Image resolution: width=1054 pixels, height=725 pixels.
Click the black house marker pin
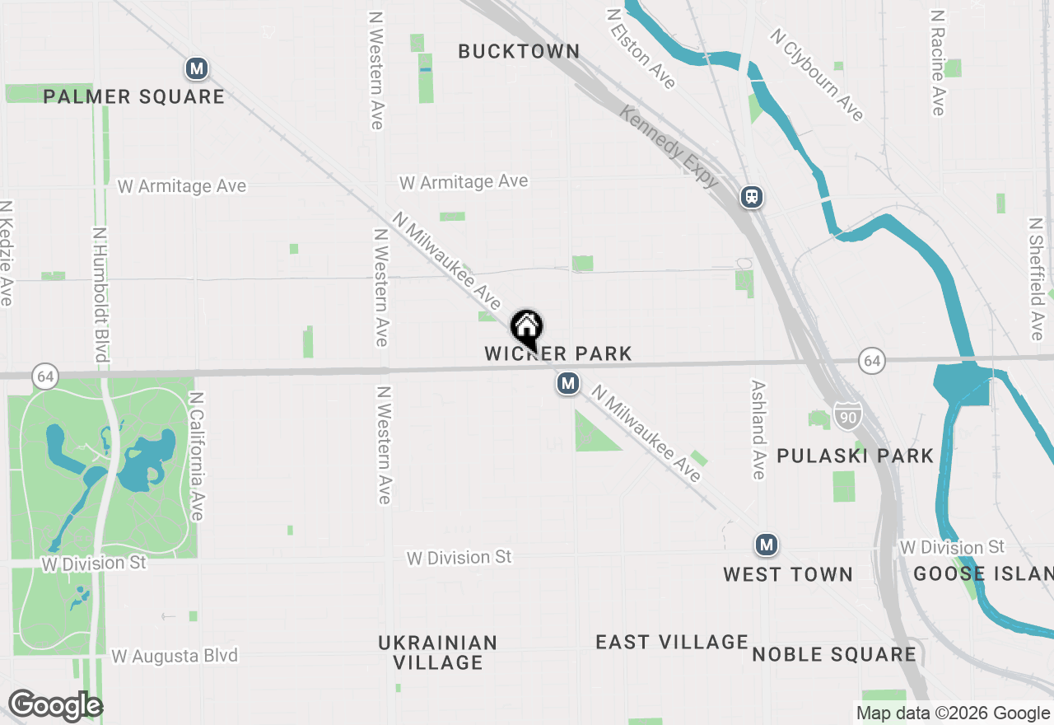[526, 329]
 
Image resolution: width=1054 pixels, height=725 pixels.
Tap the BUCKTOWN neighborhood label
[519, 51]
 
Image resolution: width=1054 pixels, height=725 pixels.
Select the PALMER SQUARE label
[133, 96]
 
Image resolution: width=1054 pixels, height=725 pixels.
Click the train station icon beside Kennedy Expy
[751, 197]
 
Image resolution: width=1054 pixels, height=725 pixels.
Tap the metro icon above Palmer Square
[196, 68]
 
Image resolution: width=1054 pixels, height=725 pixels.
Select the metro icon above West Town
[767, 545]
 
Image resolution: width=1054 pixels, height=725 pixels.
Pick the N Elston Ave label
[641, 49]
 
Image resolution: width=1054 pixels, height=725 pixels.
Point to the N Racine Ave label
[937, 63]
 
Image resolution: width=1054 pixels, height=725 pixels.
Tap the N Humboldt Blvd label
[100, 294]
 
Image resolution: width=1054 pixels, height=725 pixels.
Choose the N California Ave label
[196, 456]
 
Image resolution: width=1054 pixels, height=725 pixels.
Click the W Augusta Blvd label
[175, 656]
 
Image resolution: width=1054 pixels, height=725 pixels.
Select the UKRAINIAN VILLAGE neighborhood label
[438, 652]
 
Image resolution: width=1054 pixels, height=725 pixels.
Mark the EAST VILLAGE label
[672, 642]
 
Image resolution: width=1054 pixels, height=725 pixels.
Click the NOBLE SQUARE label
[834, 654]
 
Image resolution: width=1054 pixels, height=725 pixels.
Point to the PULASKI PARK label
[856, 456]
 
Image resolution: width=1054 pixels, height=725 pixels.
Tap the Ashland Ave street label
[758, 429]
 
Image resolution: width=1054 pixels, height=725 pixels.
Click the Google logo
[55, 706]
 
